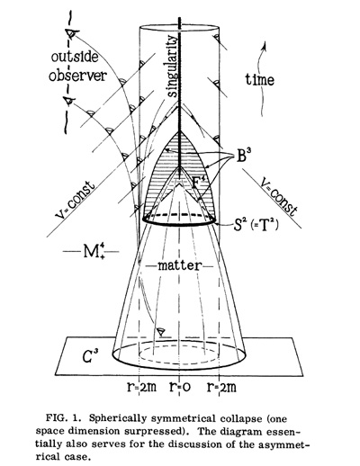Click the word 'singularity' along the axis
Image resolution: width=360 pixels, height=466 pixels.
pos(172,66)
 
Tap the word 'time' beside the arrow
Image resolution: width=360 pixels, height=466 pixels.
pos(260,79)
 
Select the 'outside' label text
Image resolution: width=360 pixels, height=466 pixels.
pos(75,57)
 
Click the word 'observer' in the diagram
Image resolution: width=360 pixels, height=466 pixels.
pos(77,75)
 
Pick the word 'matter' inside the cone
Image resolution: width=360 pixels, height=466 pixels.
pos(179,265)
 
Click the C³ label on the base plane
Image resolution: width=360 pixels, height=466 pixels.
pos(91,357)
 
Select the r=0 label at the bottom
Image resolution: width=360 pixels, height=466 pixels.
pos(180,387)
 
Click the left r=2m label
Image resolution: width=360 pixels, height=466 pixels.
pos(141,387)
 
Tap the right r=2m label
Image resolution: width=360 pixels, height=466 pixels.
pos(221,387)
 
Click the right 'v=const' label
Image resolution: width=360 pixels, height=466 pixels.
pos(278,196)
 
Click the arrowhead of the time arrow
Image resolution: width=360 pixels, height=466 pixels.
pos(265,45)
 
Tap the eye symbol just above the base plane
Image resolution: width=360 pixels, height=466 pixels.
pos(161,332)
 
